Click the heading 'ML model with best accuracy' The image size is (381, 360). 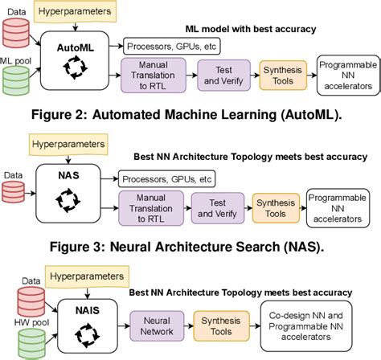point(247,29)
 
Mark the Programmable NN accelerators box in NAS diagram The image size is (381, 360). point(336,204)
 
